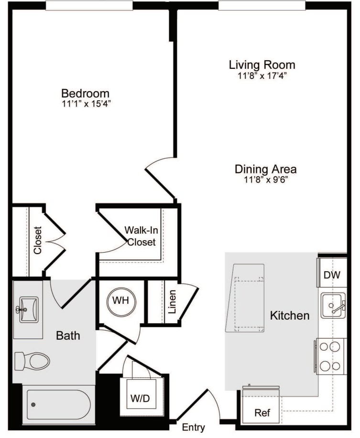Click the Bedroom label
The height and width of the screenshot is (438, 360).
tap(85, 93)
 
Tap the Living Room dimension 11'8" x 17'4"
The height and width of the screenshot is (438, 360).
tap(262, 75)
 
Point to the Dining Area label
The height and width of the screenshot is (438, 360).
tap(265, 169)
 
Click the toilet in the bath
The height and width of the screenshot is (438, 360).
tap(33, 361)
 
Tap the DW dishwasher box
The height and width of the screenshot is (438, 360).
tap(332, 275)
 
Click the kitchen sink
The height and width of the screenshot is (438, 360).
tap(333, 306)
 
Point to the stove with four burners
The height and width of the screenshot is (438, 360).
tap(331, 356)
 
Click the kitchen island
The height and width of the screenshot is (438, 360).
tap(245, 298)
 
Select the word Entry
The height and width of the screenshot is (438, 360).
tap(194, 427)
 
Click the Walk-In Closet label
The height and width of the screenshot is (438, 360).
tap(142, 236)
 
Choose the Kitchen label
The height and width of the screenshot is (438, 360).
tap(290, 316)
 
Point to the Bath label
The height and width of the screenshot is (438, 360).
tap(68, 335)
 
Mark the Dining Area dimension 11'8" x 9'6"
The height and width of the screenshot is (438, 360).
tap(265, 180)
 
